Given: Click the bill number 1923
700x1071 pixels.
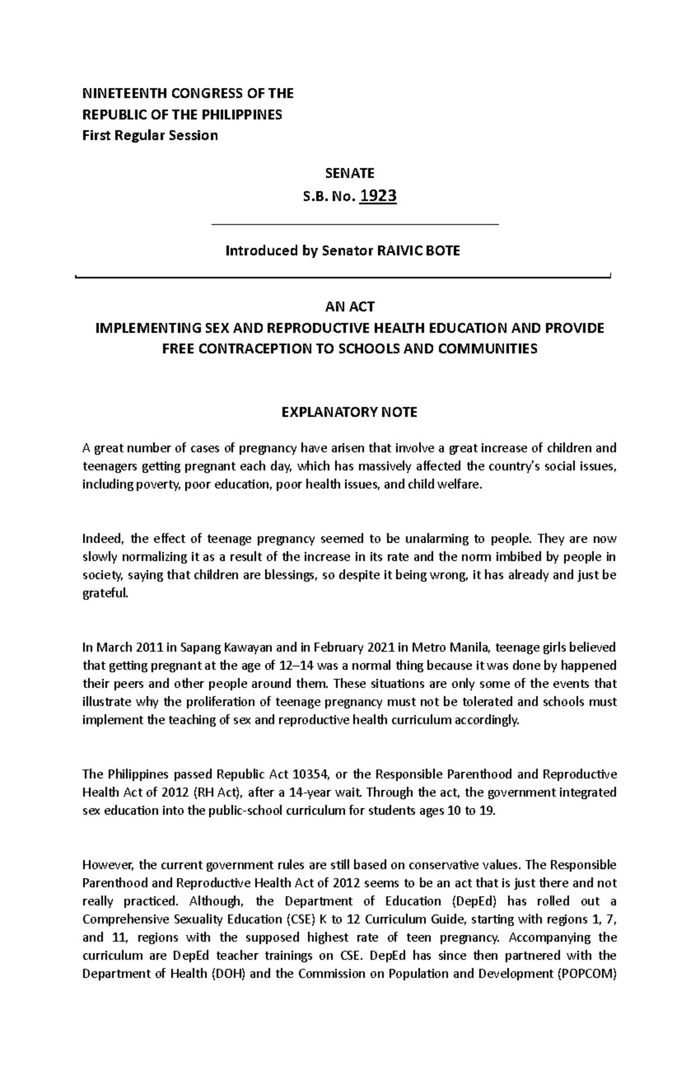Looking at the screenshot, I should coord(378,196).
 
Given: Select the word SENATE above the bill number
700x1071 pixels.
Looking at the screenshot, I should coord(349,173).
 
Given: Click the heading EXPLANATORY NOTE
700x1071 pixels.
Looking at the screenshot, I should coord(349,413).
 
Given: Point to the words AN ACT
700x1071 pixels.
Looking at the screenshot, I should coord(349,306).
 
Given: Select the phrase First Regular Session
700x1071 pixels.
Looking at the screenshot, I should coord(150,135).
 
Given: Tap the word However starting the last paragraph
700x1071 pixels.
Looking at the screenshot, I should coord(108,864).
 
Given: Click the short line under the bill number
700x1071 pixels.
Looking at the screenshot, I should coord(355,224).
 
